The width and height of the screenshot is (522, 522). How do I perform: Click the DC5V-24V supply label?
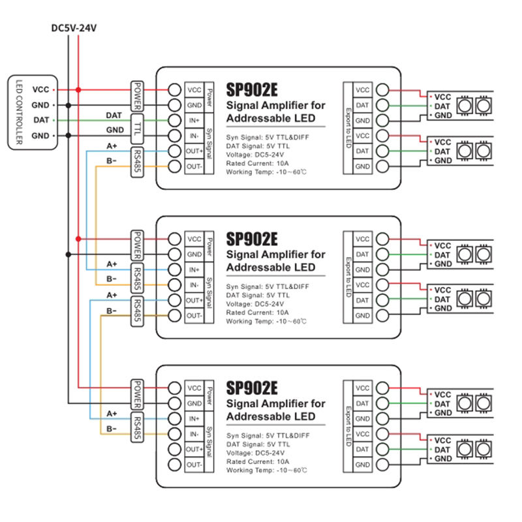coord(74,28)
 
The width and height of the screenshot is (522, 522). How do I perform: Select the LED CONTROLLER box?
coord(19,112)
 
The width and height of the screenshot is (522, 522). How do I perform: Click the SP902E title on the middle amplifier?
coord(253,238)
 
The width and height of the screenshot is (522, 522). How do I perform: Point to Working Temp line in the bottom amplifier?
coord(266,469)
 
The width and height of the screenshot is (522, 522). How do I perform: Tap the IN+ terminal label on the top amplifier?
coord(194,121)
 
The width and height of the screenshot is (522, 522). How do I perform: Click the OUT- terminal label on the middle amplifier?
coord(194,316)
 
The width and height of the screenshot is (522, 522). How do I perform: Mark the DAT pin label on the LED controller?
coord(40,120)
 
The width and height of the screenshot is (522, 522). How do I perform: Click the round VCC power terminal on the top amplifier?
coord(174,89)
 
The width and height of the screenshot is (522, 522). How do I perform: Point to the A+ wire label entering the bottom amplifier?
coord(112,413)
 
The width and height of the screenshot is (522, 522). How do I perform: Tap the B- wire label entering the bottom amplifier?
coord(112,429)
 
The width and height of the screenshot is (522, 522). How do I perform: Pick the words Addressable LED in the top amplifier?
coord(270,118)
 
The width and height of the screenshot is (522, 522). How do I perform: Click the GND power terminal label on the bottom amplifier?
coord(194,403)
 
